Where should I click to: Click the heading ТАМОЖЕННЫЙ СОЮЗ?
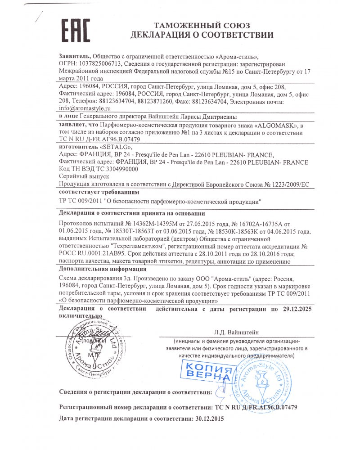click(202, 25)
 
